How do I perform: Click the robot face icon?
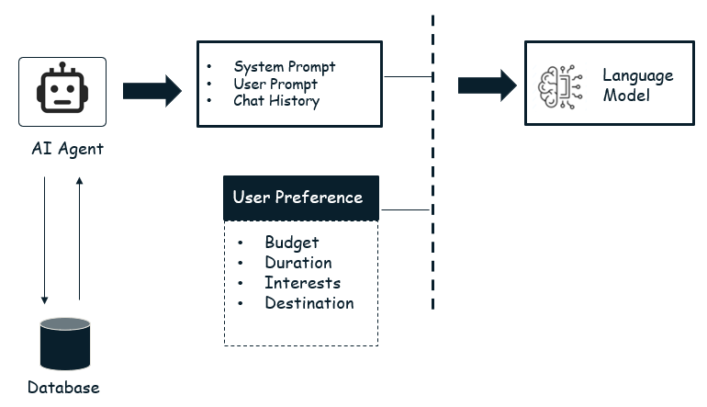point(62,93)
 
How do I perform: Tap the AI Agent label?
point(62,149)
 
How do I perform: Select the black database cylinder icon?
point(65,344)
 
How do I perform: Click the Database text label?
point(63,387)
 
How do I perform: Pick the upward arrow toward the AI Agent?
point(80,239)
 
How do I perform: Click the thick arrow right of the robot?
point(152,90)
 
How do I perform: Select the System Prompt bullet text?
point(285,67)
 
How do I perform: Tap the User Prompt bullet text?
point(275,84)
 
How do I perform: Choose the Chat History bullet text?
point(276,101)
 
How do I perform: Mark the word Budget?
point(292,243)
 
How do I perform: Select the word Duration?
point(298,263)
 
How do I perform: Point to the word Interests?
point(302,283)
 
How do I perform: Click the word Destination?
point(309,303)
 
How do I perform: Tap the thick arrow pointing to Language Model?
point(488,85)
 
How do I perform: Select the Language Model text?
point(637,85)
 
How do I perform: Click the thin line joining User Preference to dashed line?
point(405,210)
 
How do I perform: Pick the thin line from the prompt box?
point(407,77)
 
